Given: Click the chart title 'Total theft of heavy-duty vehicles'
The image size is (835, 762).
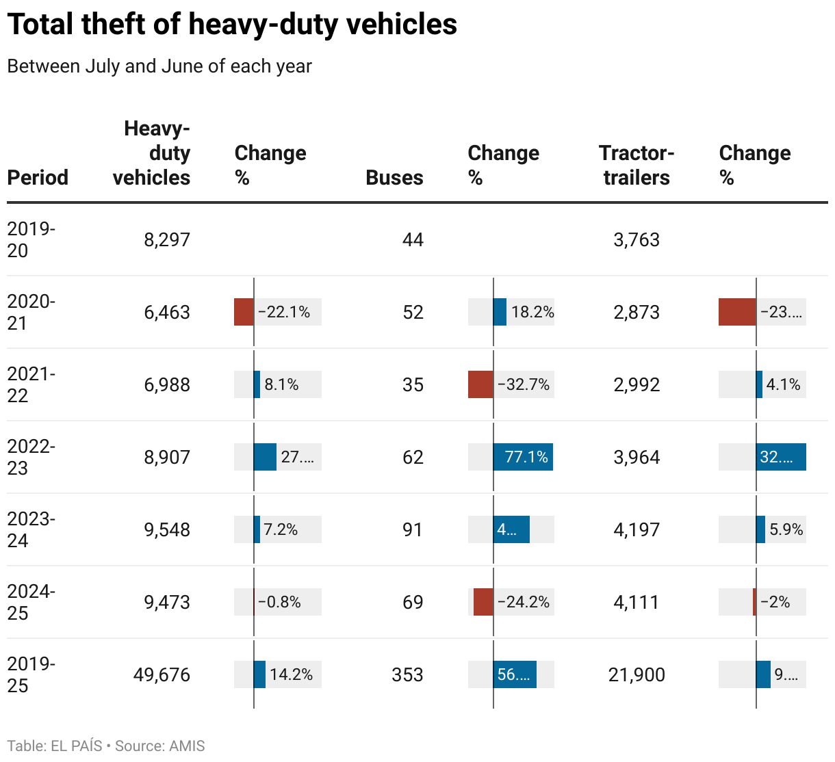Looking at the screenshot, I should click(x=232, y=25).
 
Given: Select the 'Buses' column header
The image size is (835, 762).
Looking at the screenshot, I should click(x=394, y=177).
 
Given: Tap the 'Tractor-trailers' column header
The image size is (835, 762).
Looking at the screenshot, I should click(x=636, y=165).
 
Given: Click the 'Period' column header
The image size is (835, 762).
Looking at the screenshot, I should click(x=38, y=177).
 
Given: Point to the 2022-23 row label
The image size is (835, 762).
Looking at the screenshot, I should click(x=31, y=457).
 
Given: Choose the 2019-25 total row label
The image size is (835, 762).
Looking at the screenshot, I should click(x=31, y=674).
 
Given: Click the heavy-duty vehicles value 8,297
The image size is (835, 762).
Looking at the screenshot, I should click(x=167, y=239).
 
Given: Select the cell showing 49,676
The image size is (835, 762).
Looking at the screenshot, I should click(x=162, y=674).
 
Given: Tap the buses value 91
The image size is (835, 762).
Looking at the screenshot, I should click(x=413, y=529).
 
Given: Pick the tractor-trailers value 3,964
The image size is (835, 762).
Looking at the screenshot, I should click(x=637, y=457).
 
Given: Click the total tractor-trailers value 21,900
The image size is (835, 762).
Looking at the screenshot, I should click(x=637, y=674).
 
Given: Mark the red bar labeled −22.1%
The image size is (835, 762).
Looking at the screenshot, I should click(x=244, y=312).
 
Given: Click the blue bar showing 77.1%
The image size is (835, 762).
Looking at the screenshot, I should click(x=523, y=457).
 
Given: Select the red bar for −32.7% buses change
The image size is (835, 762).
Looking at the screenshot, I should click(x=480, y=384).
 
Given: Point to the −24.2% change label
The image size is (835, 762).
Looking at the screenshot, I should click(x=524, y=602).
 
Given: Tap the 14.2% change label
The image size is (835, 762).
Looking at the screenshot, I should click(x=291, y=674).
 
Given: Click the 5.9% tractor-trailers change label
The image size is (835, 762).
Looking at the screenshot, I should click(x=786, y=529).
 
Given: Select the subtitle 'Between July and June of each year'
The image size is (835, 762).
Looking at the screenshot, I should click(x=159, y=66).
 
